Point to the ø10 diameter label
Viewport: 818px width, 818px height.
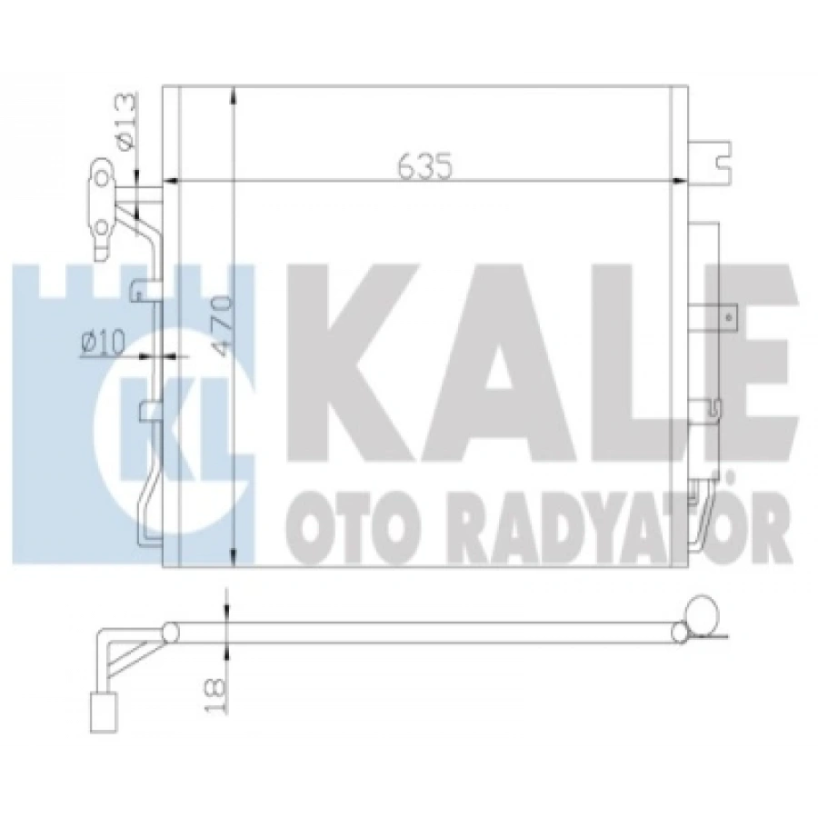coord(101,343)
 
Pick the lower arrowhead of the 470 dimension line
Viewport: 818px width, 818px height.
coord(234,558)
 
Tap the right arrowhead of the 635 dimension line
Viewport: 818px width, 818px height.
coord(679,180)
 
